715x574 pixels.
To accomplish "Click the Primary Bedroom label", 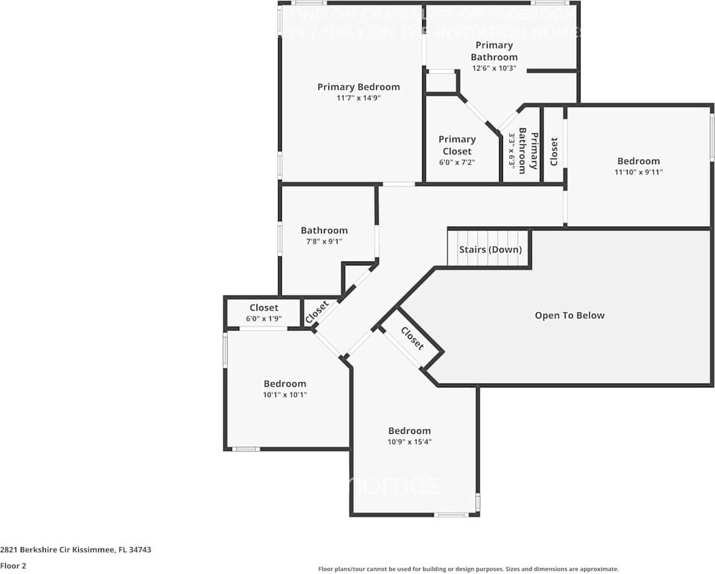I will tap(358, 87).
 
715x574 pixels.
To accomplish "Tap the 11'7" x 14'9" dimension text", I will tap(358, 98).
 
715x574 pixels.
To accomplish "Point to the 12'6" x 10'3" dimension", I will tap(494, 68).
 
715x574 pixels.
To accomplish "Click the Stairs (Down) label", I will tap(490, 250).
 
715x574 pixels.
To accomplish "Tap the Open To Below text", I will tap(570, 316).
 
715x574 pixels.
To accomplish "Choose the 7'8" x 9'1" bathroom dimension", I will tap(324, 241).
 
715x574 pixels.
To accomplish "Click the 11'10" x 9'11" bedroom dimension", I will tap(639, 172).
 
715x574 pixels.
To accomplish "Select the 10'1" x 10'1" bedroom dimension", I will tap(285, 395).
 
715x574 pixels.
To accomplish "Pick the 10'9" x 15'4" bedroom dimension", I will tap(409, 442).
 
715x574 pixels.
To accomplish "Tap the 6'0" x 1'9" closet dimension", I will tap(264, 318).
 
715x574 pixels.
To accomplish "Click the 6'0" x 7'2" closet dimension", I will tap(457, 163).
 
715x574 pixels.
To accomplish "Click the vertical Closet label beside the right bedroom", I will tap(554, 151).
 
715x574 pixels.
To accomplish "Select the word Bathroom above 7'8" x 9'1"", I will tap(324, 231).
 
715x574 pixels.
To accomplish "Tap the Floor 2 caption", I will tap(13, 566).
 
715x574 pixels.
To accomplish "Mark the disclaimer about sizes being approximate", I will tap(469, 569).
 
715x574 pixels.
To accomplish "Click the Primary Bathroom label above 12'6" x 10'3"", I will tap(494, 51).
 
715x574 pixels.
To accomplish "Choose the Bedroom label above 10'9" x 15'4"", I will tap(409, 431).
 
